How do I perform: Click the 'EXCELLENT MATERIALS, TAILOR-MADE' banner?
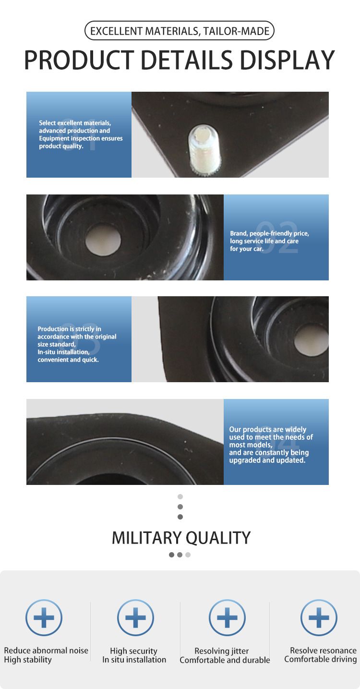179,31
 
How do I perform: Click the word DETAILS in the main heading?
186,60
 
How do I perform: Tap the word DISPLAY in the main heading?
287,60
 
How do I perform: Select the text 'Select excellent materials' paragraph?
81,134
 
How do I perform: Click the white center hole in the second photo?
103,240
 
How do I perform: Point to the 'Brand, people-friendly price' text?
269,241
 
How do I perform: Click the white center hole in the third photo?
312,340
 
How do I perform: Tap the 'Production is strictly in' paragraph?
77,344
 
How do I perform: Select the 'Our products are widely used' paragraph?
271,445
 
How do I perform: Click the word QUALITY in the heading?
218,538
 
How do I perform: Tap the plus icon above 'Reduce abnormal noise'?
44,617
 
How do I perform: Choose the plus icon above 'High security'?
135,617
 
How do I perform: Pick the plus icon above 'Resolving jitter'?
227,617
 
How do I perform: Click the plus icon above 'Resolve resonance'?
319,617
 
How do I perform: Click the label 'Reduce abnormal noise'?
46,651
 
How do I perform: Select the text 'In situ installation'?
134,660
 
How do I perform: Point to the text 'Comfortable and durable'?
225,660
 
